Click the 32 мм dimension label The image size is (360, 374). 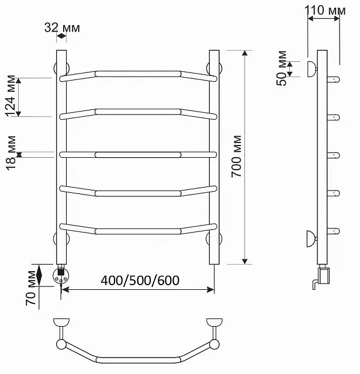pos(62,27)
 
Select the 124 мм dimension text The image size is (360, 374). pos(11,96)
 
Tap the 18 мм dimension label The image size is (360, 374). pos(11,153)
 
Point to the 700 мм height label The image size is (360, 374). pos(236,156)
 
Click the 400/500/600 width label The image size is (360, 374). pos(140,280)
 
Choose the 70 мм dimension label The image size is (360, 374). pos(31,288)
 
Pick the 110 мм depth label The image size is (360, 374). pos(325,11)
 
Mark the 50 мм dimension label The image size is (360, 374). pos(282,68)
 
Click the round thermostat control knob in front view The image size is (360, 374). pos(61,276)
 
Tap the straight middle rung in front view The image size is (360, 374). pos(138,155)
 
